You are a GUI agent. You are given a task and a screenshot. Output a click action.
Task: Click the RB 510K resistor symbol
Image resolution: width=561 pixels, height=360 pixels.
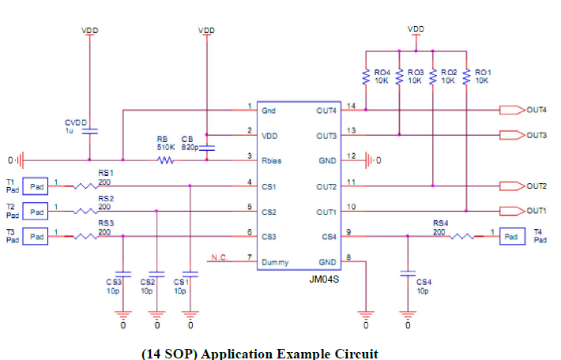click(x=165, y=160)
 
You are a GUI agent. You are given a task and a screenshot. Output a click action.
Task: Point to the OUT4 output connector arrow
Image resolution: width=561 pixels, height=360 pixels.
click(x=512, y=110)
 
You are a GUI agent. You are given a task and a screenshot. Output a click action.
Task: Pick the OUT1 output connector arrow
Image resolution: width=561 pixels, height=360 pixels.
click(x=512, y=211)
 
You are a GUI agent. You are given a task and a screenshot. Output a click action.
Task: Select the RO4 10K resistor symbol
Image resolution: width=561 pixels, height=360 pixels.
click(x=366, y=77)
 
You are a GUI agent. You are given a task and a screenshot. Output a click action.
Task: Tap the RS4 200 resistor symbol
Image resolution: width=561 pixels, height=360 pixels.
click(x=461, y=236)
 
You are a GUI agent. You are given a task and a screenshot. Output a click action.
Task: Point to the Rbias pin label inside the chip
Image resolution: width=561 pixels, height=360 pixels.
click(x=273, y=161)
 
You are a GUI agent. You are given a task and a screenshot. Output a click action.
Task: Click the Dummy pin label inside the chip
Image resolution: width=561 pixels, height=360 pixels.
click(x=275, y=262)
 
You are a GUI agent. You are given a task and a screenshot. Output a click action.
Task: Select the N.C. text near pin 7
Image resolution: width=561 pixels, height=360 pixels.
click(x=219, y=257)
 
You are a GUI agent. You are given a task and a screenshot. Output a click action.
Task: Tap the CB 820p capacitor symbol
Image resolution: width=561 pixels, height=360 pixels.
click(x=207, y=148)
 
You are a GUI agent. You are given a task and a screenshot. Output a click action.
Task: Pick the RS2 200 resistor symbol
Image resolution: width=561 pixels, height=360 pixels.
click(x=85, y=212)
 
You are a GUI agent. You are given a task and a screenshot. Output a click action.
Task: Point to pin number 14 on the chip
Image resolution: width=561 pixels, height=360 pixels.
click(x=351, y=106)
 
